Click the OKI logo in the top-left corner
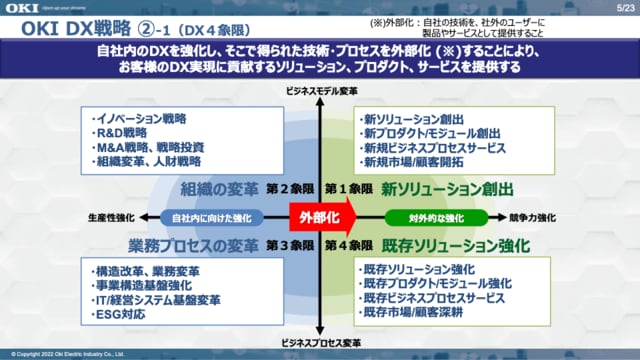[22, 10]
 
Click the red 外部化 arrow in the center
[317, 217]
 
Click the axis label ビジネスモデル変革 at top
[317, 90]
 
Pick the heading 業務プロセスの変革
[194, 244]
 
